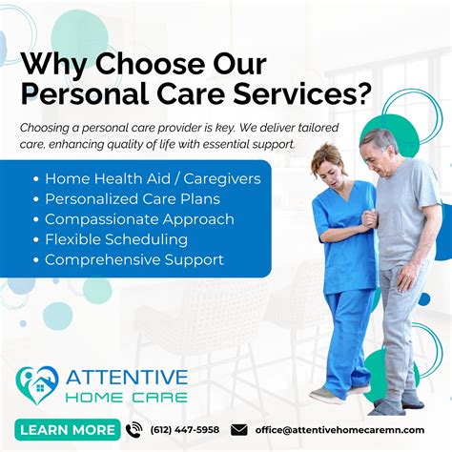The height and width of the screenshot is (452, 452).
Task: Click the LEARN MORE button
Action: click(x=67, y=429)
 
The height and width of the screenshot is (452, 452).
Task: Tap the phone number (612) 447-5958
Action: click(x=184, y=429)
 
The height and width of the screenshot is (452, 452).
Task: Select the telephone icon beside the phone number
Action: click(x=134, y=429)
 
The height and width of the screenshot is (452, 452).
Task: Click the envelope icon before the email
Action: click(x=239, y=429)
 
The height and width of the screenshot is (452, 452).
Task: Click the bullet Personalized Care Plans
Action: click(x=132, y=198)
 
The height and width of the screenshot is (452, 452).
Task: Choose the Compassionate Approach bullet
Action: click(x=137, y=218)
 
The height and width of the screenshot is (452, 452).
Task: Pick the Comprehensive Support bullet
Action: click(x=134, y=259)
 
